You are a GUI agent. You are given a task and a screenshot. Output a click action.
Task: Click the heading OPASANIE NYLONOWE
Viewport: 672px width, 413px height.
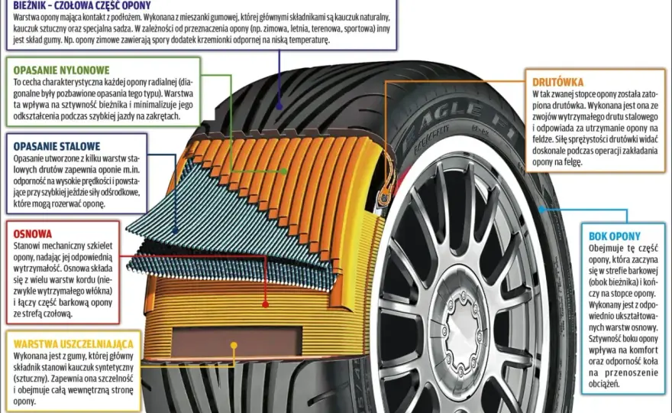(61, 70)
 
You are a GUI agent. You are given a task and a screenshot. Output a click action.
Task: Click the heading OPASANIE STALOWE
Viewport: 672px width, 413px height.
(57, 146)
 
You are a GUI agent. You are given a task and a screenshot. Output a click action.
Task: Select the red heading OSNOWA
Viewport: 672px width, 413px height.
(33, 234)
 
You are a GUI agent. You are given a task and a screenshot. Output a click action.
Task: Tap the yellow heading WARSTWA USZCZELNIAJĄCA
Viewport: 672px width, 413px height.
(73, 344)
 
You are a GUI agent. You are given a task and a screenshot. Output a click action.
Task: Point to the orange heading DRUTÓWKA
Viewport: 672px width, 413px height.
(557, 83)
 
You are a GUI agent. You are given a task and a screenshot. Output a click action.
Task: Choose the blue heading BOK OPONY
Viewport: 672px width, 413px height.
(614, 236)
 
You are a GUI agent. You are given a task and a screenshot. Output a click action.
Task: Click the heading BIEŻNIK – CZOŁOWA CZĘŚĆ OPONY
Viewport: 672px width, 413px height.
(82, 5)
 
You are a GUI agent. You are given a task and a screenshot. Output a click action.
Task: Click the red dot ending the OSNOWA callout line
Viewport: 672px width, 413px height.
(265, 304)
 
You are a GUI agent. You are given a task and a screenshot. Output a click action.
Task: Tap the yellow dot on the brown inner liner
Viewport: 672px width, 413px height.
(234, 345)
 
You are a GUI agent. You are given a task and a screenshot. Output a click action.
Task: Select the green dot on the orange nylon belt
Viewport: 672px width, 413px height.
(284, 171)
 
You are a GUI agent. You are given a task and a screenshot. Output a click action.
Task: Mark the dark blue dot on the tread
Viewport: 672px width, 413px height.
(279, 106)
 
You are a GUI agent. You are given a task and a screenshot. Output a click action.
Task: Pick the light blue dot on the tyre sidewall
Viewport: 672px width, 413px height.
(541, 210)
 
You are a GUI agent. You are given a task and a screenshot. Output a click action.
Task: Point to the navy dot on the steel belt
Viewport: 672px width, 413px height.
(176, 230)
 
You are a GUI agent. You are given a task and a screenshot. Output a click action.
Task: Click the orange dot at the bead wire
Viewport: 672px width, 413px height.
(386, 192)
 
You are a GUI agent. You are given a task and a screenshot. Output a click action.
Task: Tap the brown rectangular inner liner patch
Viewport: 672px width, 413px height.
(237, 341)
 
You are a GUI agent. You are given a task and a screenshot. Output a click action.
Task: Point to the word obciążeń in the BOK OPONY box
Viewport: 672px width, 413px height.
(604, 384)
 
